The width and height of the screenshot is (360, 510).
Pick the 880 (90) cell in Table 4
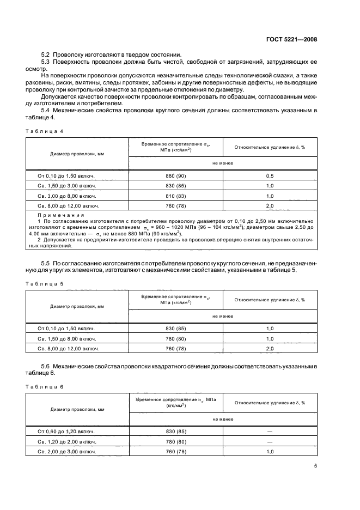175,175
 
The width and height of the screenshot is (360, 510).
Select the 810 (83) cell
175,196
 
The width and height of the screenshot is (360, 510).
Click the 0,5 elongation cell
270,175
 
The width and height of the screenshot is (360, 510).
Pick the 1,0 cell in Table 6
270,452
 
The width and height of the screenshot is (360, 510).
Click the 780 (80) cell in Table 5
175,338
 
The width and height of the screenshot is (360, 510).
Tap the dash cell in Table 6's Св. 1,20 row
270,441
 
